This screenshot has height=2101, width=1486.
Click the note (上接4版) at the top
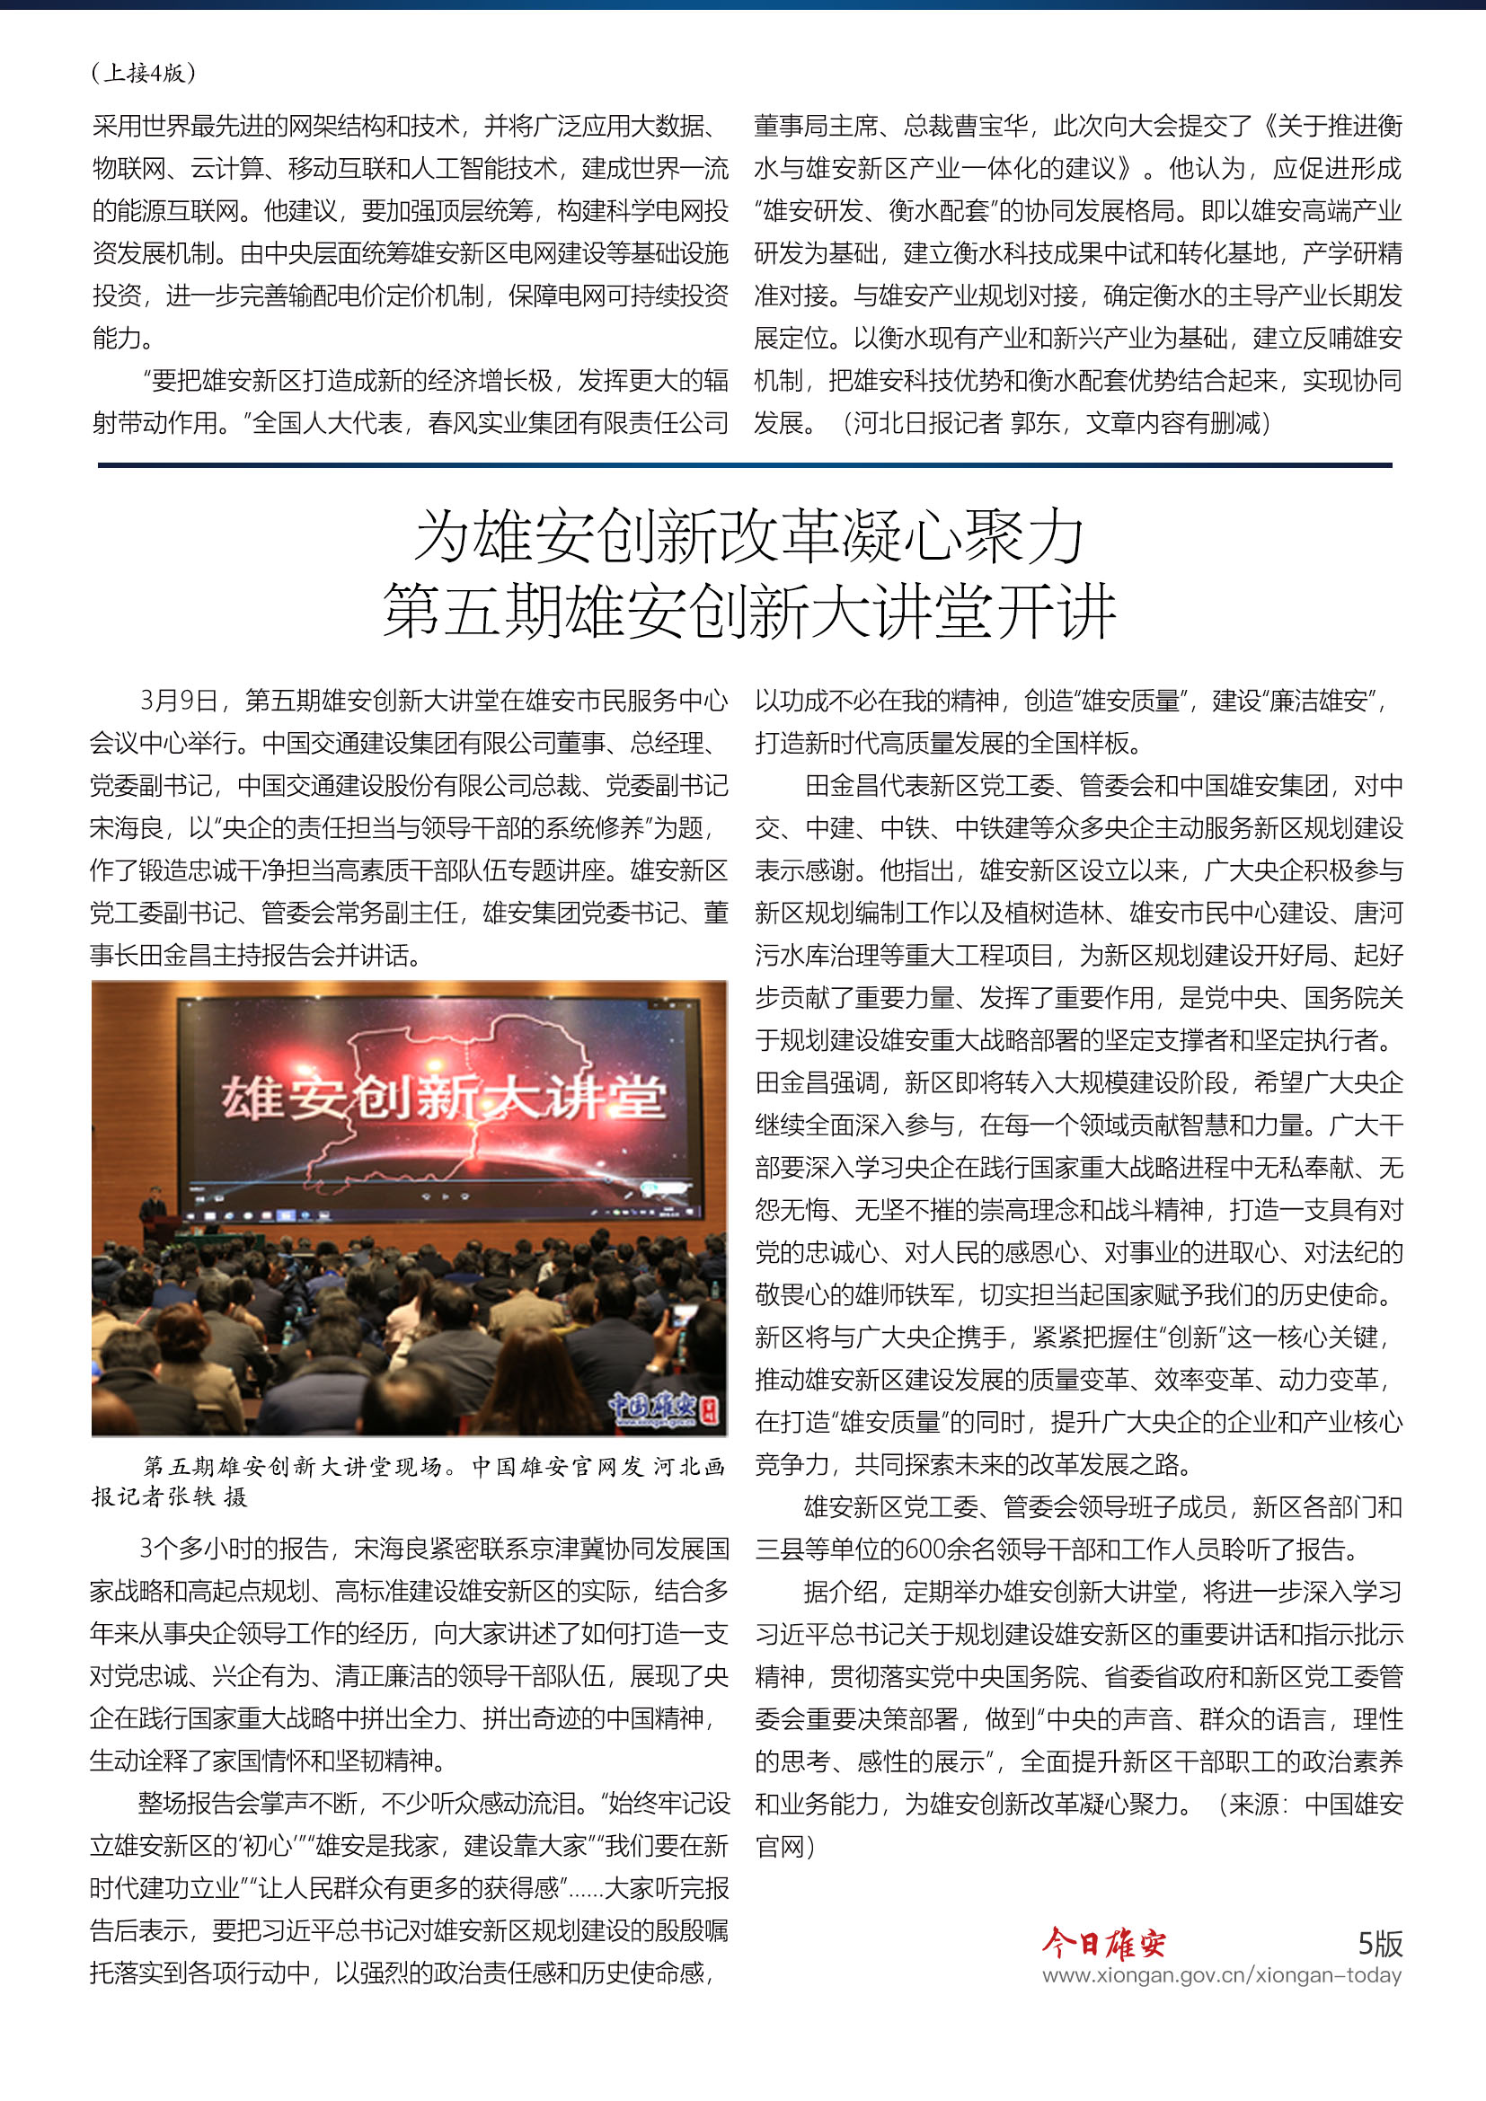pyautogui.click(x=144, y=72)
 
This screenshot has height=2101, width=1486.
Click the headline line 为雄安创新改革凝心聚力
pyautogui.click(x=748, y=536)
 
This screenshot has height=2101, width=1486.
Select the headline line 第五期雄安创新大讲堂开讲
pyautogui.click(x=748, y=612)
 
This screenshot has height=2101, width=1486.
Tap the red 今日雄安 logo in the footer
pyautogui.click(x=1104, y=1942)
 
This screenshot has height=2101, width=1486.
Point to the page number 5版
pyautogui.click(x=1379, y=1943)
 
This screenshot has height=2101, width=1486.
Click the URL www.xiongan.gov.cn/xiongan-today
pyautogui.click(x=1222, y=1974)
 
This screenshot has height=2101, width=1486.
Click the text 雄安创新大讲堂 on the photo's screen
pyautogui.click(x=443, y=1096)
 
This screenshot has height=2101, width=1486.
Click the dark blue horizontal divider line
pyautogui.click(x=745, y=466)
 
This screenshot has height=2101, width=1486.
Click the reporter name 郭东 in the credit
pyautogui.click(x=1035, y=423)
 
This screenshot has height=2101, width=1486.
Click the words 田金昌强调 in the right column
pyautogui.click(x=816, y=1083)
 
